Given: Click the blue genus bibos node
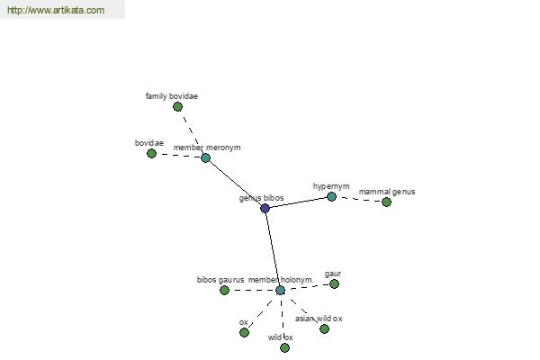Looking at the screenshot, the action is [265, 208].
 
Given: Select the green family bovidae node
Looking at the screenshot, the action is [177, 107].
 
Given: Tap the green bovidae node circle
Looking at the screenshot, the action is [151, 153].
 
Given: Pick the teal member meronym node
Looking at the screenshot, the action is [205, 157].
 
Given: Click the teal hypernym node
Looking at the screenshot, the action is [331, 197].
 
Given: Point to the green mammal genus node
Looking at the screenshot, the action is [386, 202].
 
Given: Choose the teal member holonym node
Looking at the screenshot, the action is [280, 290].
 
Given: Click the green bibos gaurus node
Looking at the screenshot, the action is [224, 290].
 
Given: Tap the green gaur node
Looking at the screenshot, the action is [334, 283].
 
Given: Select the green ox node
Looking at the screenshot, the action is [244, 332].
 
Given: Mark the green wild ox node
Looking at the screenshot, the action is [284, 348].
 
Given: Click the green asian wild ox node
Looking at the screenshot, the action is [324, 329].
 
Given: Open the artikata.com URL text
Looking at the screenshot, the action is [56, 10].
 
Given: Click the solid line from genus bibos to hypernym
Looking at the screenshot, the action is [298, 202].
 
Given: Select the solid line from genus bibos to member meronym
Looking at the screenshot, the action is [235, 183].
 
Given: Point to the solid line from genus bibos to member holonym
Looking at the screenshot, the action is [273, 249].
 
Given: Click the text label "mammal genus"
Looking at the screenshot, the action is [387, 192].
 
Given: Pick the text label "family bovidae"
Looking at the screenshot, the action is [172, 96].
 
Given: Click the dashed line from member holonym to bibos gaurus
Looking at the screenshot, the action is [252, 290].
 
